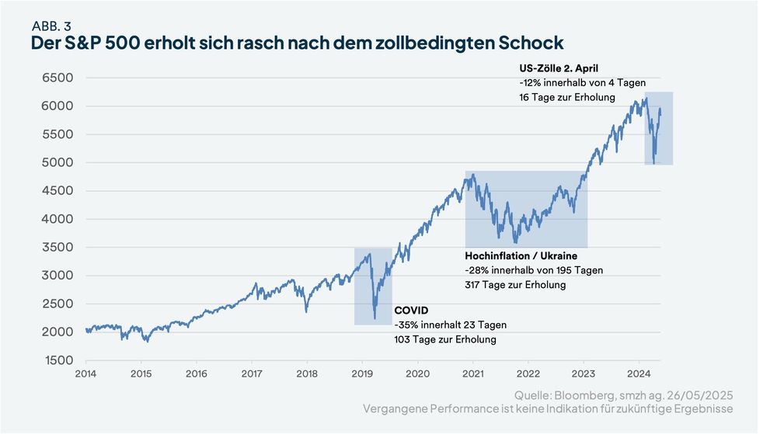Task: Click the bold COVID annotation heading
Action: (411, 310)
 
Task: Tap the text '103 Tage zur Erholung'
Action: (445, 339)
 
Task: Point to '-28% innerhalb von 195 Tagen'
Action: (534, 270)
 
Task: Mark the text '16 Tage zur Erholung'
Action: (567, 97)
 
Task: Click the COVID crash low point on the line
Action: (375, 318)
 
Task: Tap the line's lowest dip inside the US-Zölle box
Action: (653, 162)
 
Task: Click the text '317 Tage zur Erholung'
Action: (515, 285)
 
